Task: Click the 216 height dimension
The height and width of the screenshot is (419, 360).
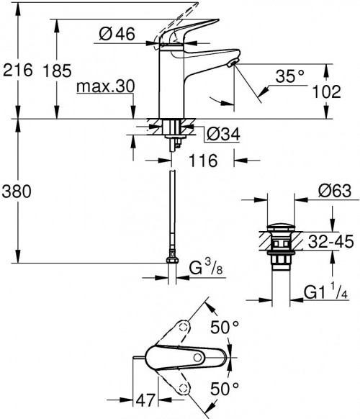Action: coord(18,71)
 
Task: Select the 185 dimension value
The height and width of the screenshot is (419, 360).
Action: coord(76,71)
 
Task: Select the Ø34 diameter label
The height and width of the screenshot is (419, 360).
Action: coord(222,134)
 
